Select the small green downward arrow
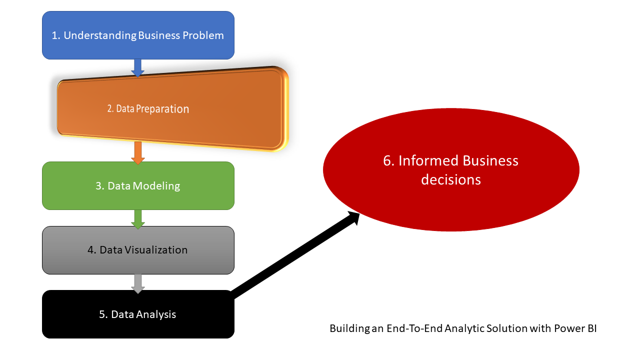click(138, 219)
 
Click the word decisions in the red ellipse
click(451, 179)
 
